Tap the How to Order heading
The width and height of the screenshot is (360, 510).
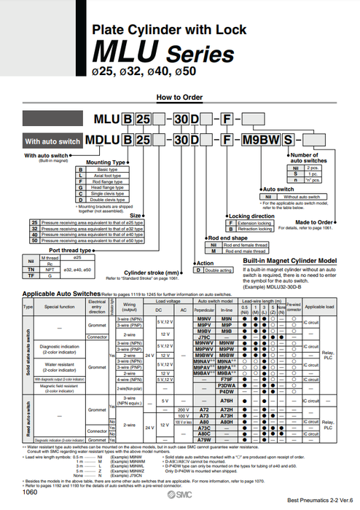179,96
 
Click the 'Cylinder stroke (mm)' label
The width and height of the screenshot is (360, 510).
165,272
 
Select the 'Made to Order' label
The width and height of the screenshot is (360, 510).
315,221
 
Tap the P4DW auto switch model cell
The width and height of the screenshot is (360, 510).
227,392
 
